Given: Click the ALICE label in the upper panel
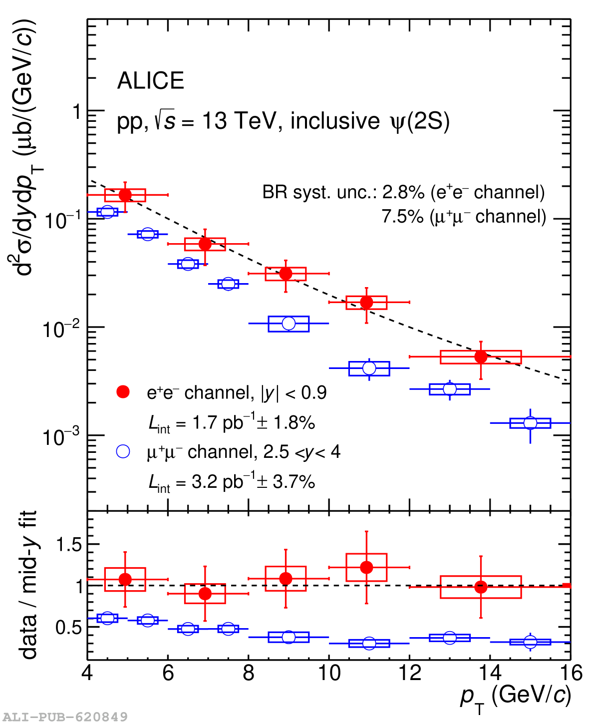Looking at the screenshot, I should click(x=151, y=81).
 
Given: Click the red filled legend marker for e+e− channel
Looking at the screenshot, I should click(x=123, y=392).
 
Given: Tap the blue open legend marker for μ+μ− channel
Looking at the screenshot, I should click(x=123, y=451).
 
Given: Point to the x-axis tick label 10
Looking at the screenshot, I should click(x=329, y=674).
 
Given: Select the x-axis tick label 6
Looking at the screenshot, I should click(x=168, y=674).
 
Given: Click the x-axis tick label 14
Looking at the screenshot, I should click(x=490, y=674).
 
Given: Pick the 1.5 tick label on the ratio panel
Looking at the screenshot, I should click(x=69, y=544).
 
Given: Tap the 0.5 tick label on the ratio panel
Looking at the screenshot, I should click(x=69, y=627).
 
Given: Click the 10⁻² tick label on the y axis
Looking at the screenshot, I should click(x=62, y=328).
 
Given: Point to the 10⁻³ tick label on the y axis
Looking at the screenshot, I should click(x=62, y=436).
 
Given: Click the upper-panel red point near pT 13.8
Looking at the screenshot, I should click(x=481, y=357).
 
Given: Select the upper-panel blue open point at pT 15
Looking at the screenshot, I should click(x=530, y=423).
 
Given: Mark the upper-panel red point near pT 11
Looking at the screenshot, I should click(x=366, y=302).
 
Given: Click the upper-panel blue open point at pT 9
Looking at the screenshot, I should click(x=289, y=324).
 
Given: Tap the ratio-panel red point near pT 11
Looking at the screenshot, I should click(x=366, y=567).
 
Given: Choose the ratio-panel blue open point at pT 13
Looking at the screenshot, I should click(x=450, y=638).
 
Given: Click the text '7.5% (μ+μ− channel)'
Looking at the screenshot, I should click(x=464, y=217).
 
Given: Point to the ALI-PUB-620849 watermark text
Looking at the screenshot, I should click(x=65, y=717).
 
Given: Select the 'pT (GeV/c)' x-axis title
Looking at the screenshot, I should click(x=515, y=696).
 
